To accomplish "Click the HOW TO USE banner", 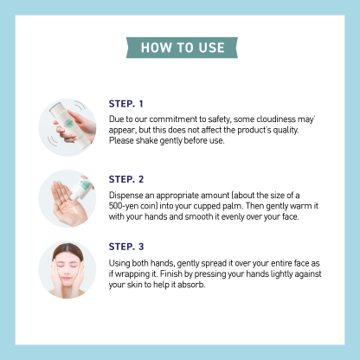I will click(x=180, y=47).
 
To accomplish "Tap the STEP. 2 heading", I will click(x=127, y=178).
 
